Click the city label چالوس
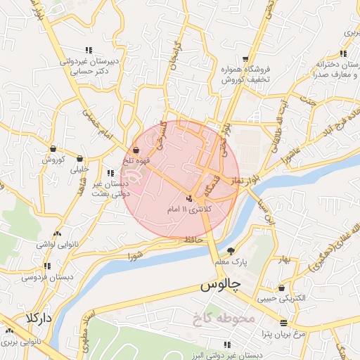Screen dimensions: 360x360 pyautogui.click(x=220, y=285)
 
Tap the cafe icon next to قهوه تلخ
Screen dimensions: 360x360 pyautogui.click(x=135, y=150)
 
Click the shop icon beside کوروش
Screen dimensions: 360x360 pyautogui.click(x=53, y=148)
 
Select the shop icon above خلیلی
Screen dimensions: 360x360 pyautogui.click(x=79, y=158)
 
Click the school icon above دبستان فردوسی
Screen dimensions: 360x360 pyautogui.click(x=47, y=266)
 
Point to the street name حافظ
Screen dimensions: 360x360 pyautogui.click(x=195, y=239)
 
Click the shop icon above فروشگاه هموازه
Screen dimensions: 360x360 pyautogui.click(x=245, y=59)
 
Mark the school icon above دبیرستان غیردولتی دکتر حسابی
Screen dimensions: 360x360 pyautogui.click(x=88, y=50)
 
